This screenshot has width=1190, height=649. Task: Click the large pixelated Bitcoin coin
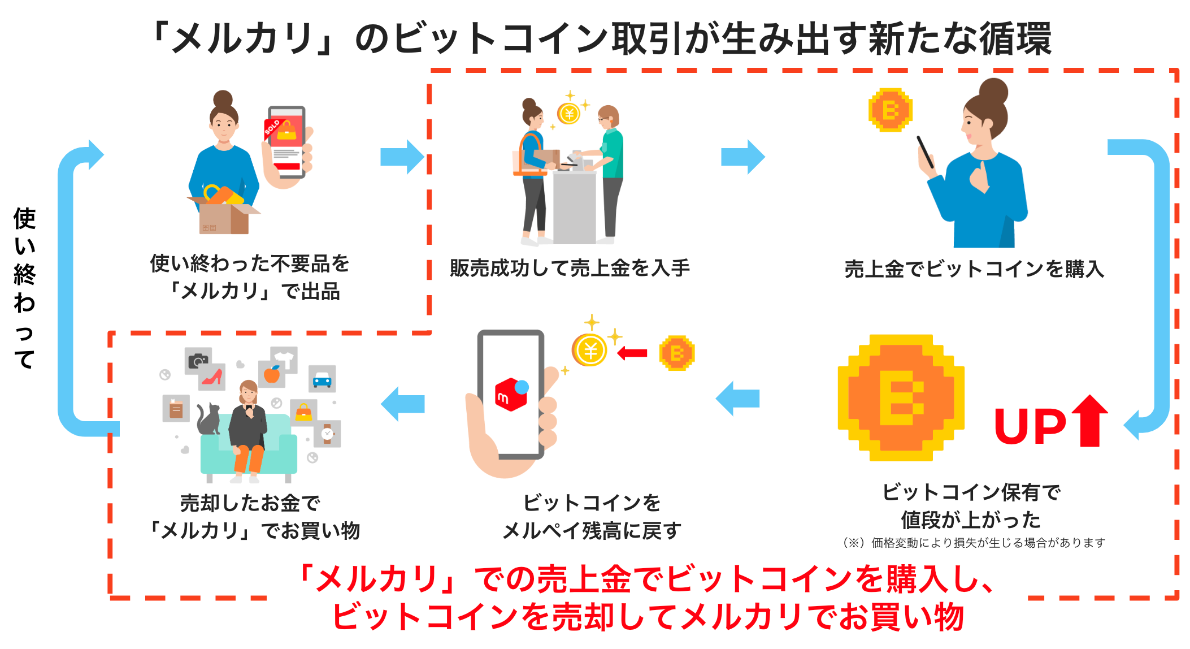click(x=901, y=397)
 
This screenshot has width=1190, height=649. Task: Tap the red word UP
click(x=1030, y=426)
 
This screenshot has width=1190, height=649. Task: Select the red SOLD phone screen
click(x=286, y=141)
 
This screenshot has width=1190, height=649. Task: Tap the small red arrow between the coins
click(x=632, y=353)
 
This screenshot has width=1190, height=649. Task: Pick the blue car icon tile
click(x=322, y=379)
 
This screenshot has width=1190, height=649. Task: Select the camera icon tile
click(x=198, y=360)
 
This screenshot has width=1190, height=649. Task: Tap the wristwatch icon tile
click(x=327, y=434)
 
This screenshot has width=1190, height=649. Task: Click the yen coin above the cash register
click(x=569, y=114)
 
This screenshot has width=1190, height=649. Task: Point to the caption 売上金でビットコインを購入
click(x=974, y=269)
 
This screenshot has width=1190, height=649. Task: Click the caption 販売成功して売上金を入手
click(x=570, y=268)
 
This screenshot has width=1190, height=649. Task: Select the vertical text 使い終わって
click(x=25, y=288)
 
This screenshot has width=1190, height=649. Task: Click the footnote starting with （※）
click(x=972, y=543)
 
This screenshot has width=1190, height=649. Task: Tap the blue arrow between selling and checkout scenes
click(x=402, y=157)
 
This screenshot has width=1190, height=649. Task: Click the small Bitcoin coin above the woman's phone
click(x=890, y=110)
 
